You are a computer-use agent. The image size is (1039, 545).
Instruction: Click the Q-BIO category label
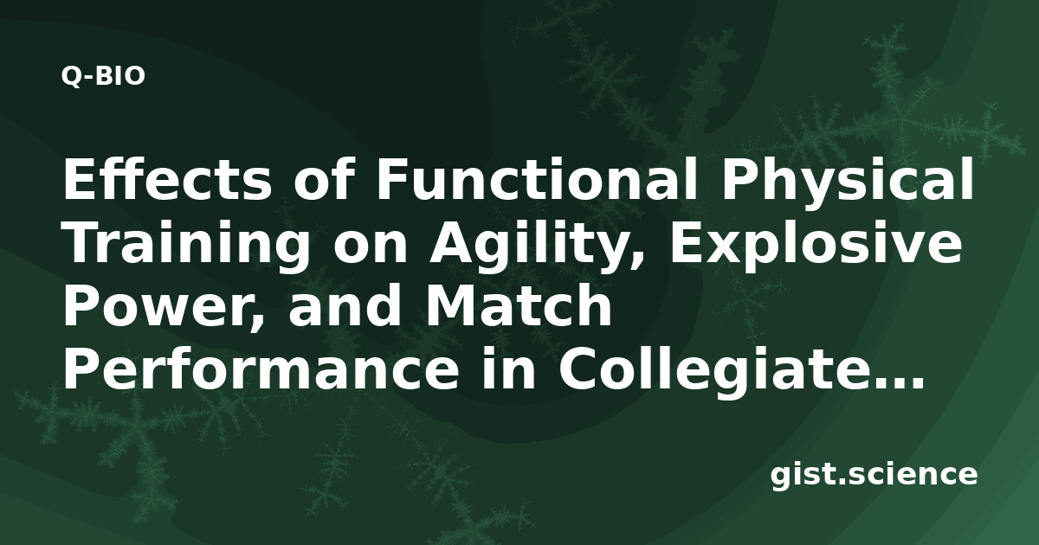[103, 76]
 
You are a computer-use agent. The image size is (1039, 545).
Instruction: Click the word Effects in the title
[167, 179]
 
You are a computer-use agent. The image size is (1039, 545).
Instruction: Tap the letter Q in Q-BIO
[70, 77]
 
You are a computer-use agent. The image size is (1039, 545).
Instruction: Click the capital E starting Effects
[78, 179]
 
